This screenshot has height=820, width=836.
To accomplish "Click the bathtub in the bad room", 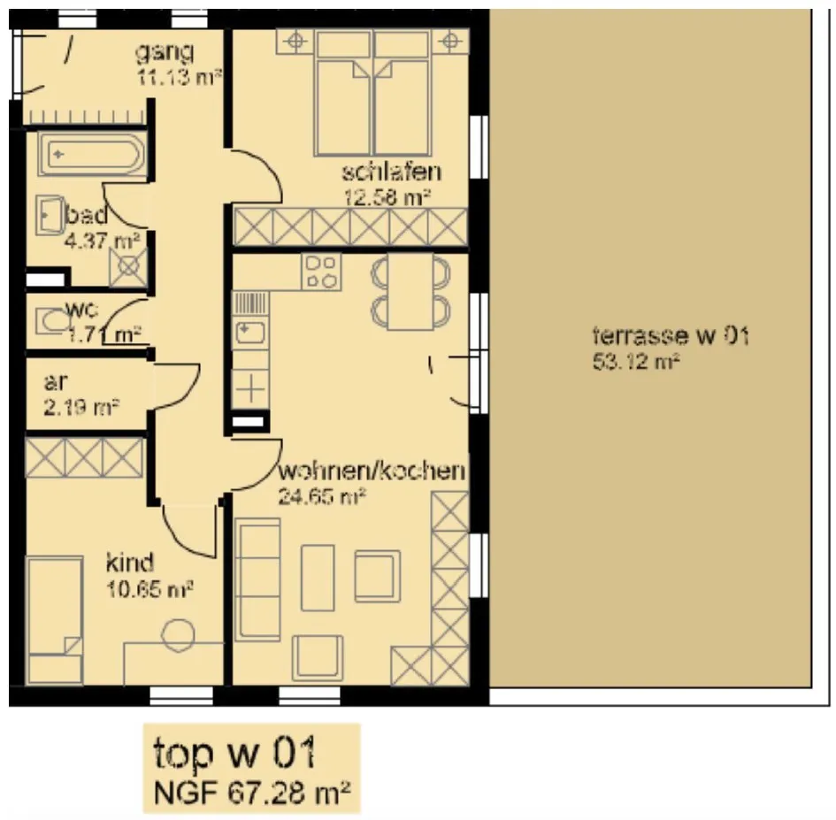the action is (x=91, y=154).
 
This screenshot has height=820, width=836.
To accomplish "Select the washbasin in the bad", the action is (x=50, y=215).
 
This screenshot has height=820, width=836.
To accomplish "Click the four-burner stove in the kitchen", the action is (x=321, y=272).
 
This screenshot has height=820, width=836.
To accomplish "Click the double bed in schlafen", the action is (x=372, y=92).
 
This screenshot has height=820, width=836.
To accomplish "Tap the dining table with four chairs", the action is (x=410, y=292).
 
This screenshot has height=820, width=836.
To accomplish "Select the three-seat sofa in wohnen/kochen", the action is (x=257, y=579).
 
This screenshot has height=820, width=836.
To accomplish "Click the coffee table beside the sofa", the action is (x=318, y=578).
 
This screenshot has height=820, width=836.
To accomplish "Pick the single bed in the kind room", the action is (x=54, y=620).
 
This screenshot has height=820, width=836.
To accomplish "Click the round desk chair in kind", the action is (x=178, y=635).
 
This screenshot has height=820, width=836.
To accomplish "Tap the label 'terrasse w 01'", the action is (x=671, y=336).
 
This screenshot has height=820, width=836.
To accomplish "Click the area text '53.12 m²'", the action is (x=635, y=362).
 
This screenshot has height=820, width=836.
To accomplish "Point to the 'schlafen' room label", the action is (x=391, y=172).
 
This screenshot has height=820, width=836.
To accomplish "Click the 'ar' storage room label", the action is (x=56, y=382).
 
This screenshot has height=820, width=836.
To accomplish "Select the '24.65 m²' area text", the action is (x=321, y=496).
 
